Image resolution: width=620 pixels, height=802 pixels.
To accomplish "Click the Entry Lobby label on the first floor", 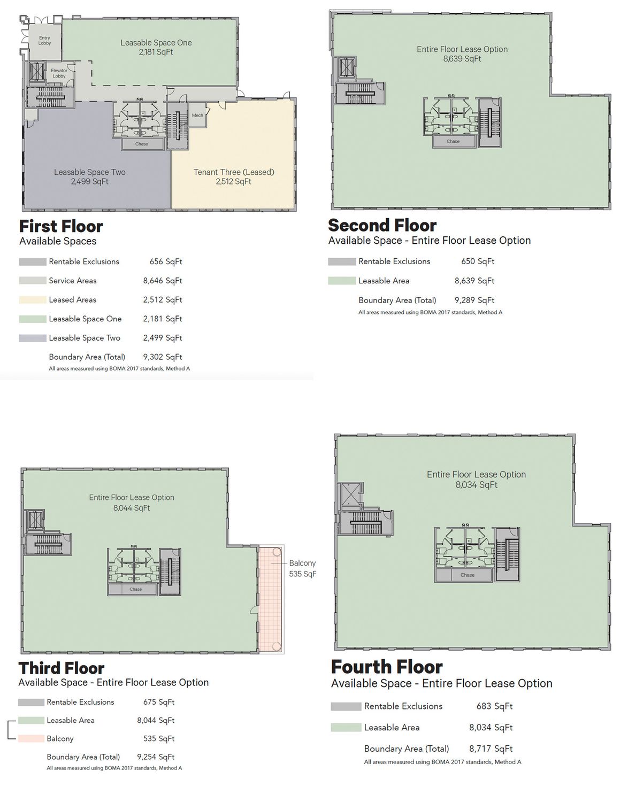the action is click(x=44, y=40).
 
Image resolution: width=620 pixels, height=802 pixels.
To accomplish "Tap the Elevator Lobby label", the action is click(x=59, y=73).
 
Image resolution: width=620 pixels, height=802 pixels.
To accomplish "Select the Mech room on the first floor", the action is click(x=197, y=115).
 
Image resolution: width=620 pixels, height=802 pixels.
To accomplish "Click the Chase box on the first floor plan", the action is click(x=142, y=144).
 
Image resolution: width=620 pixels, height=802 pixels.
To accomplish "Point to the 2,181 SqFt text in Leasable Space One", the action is click(x=156, y=52).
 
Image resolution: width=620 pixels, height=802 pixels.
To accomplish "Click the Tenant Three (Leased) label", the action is click(x=234, y=172).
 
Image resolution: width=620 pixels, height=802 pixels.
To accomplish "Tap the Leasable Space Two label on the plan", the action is click(x=90, y=172).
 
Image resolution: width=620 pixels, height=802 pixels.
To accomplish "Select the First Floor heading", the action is click(x=61, y=226).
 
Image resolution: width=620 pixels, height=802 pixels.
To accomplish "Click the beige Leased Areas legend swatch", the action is click(x=33, y=300).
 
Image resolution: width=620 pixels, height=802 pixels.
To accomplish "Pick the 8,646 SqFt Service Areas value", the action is click(x=163, y=281).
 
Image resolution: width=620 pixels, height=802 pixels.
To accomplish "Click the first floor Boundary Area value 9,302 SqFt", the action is click(x=163, y=357).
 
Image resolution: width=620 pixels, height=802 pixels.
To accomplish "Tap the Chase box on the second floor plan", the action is click(x=453, y=141).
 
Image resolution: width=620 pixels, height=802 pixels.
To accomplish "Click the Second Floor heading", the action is click(x=382, y=225).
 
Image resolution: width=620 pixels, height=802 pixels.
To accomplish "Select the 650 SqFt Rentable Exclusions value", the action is click(x=478, y=261).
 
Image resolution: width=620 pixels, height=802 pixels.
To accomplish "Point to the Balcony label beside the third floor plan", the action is click(x=302, y=563).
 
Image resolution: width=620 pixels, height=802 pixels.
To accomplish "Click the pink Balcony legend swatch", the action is click(x=32, y=738).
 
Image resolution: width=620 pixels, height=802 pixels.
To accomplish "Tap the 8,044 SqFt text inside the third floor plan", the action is click(x=132, y=508).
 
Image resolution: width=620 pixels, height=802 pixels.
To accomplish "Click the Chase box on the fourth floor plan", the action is click(x=467, y=575).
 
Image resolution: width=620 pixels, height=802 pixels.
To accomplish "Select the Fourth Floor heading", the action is click(x=387, y=667).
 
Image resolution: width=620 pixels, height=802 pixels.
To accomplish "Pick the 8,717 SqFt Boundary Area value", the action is click(x=491, y=749).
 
